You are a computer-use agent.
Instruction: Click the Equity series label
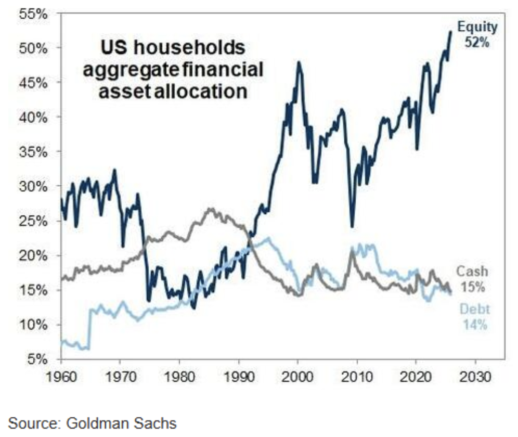(477, 27)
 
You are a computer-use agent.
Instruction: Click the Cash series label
(472, 271)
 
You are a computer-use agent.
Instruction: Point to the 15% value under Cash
(473, 287)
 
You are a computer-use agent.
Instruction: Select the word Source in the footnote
(32, 423)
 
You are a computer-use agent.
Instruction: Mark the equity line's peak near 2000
(299, 62)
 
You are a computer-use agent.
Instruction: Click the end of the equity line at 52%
(450, 32)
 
